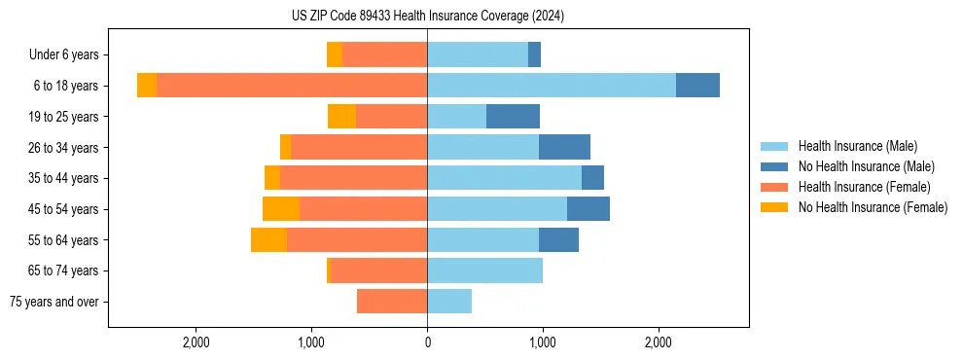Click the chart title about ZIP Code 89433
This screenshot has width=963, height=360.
[427, 16]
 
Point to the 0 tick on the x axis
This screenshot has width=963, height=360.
[427, 342]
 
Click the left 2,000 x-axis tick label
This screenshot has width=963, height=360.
[196, 342]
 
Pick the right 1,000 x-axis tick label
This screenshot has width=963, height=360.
[542, 342]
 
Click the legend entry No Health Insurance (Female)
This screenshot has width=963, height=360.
[873, 207]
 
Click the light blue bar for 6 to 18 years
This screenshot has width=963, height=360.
[552, 86]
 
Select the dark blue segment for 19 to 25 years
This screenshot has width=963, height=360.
[513, 117]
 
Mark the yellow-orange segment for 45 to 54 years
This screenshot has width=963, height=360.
[281, 209]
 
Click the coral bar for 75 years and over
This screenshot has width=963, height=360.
[392, 302]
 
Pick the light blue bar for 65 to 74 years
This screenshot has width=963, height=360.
[484, 270]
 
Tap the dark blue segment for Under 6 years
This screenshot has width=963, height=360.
[534, 54]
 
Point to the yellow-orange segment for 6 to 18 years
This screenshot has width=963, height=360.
[147, 86]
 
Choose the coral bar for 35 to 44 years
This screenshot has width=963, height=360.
[353, 178]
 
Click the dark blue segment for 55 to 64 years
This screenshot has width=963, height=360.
[558, 240]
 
